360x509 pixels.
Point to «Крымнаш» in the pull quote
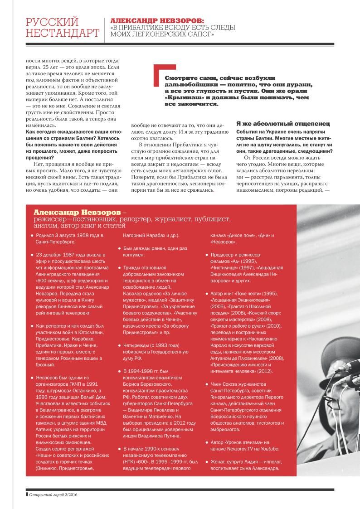pyautogui.click(x=182, y=97)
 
